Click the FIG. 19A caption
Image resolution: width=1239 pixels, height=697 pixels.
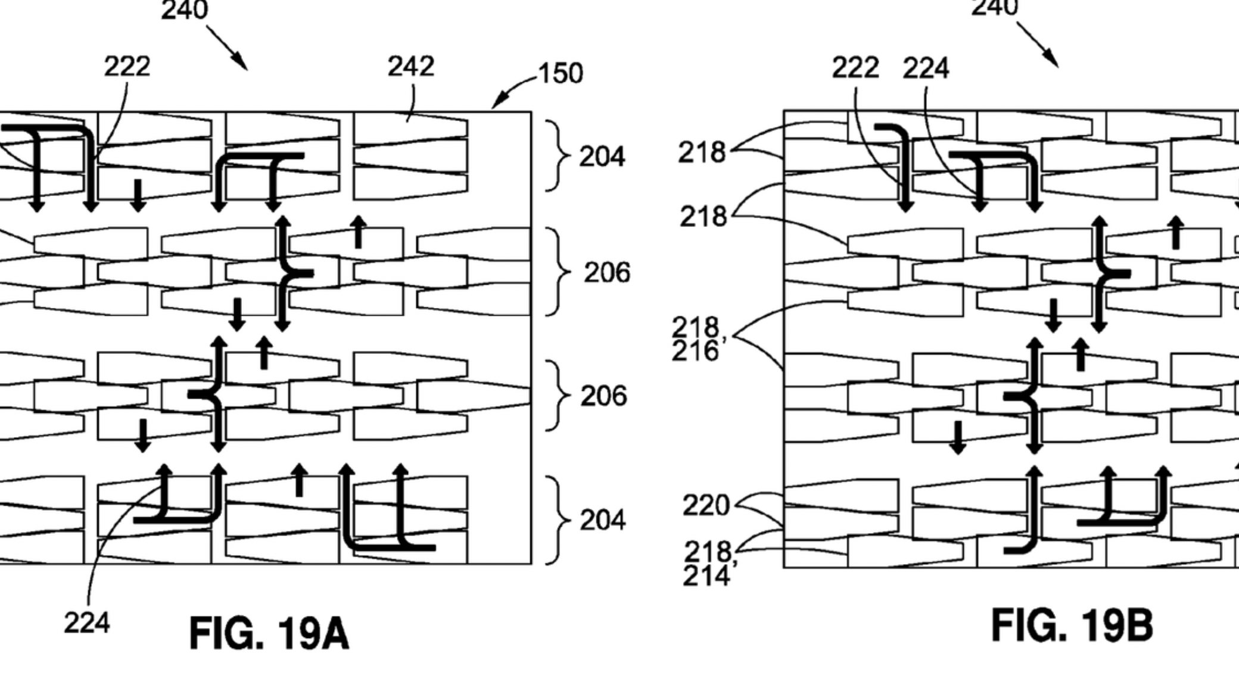[269, 634]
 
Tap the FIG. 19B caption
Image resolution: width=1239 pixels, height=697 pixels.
[1072, 626]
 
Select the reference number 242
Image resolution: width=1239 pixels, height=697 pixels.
[410, 67]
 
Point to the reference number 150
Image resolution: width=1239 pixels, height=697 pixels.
[561, 74]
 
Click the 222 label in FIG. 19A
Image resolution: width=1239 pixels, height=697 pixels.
[127, 67]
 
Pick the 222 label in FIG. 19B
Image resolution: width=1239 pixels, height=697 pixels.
[855, 69]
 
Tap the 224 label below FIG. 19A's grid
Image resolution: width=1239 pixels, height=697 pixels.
[87, 624]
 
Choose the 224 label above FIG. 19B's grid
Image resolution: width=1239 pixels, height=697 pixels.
[925, 69]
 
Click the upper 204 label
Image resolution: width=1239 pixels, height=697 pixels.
[602, 157]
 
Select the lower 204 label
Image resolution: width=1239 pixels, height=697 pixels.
[602, 520]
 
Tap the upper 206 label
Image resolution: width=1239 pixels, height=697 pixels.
[606, 273]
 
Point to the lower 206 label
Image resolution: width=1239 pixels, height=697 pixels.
[603, 396]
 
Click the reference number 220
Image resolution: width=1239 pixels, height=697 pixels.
[706, 505]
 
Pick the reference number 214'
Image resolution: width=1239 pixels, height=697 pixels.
[706, 576]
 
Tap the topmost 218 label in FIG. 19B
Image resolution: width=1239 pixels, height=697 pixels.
[702, 153]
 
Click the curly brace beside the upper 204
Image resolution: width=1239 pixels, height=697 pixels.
[558, 156]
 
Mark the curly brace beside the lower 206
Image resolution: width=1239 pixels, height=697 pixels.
[558, 395]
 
